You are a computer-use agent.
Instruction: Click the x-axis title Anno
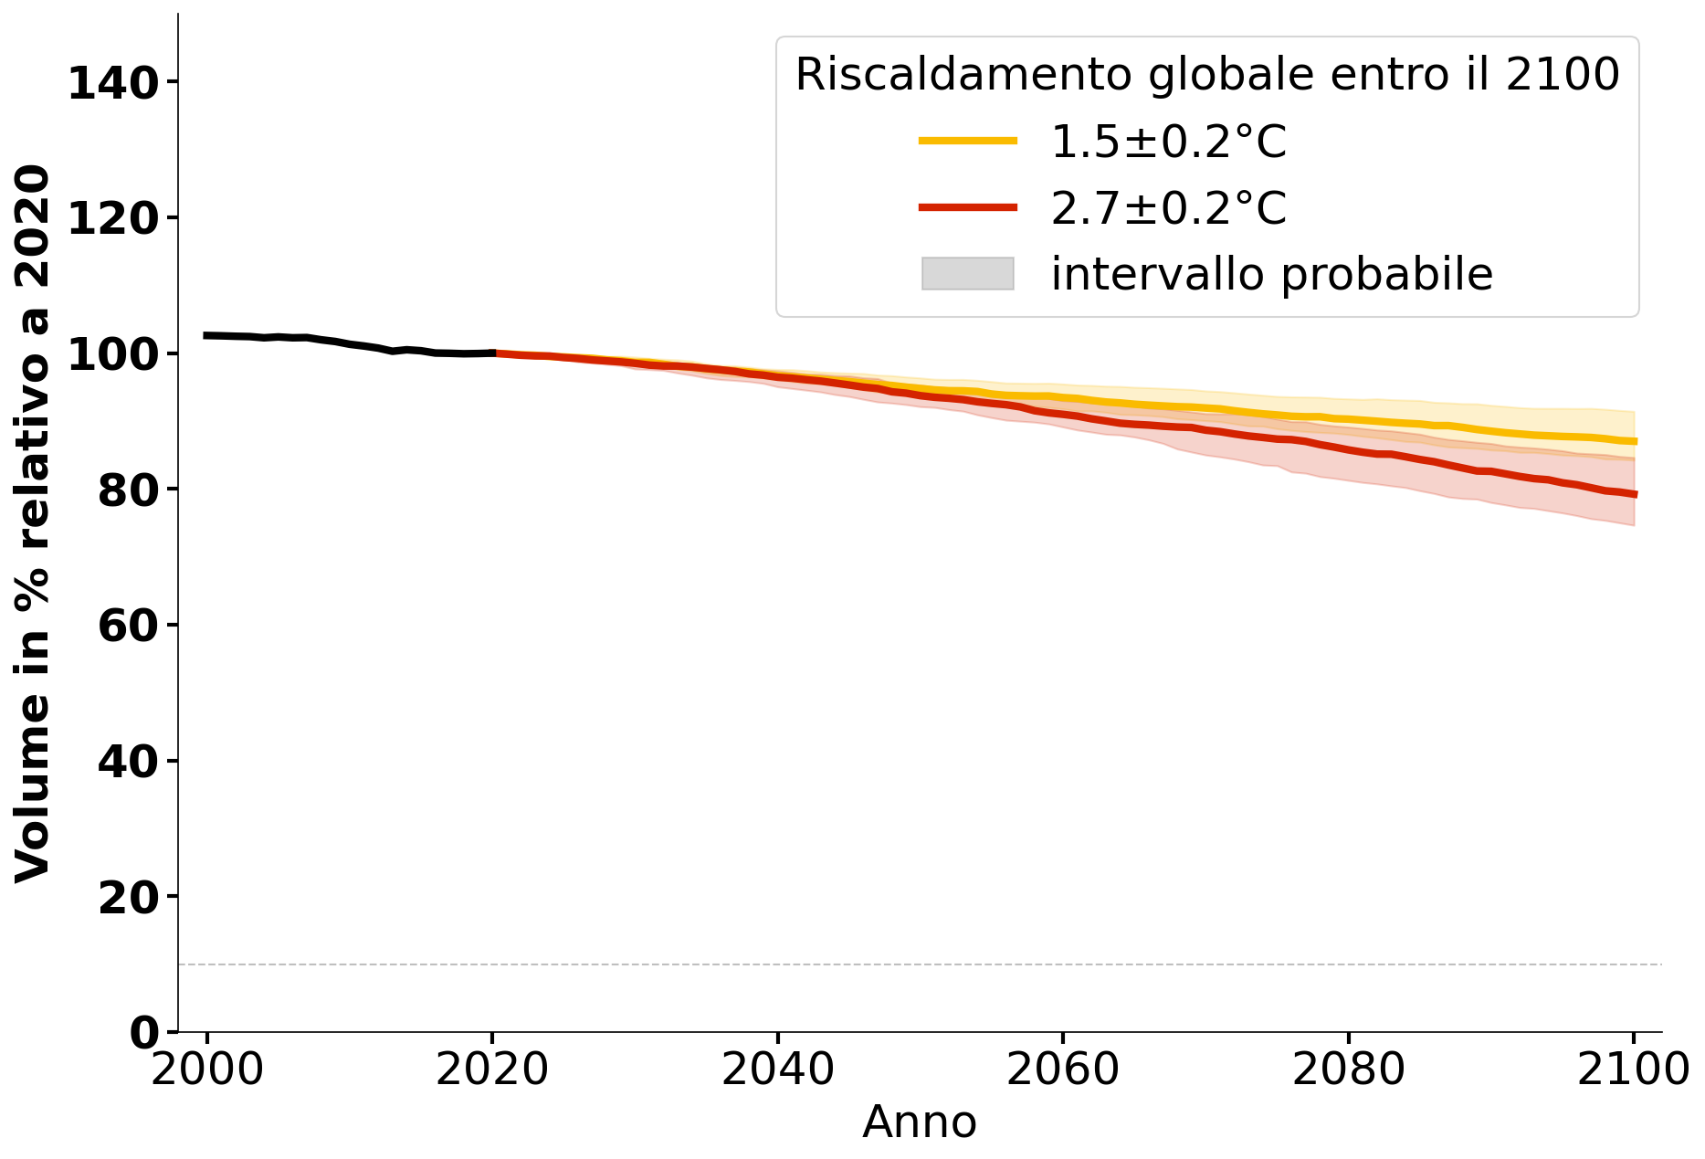[920, 1122]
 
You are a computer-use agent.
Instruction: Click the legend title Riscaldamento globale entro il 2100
[1207, 75]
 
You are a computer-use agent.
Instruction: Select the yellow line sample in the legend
[967, 141]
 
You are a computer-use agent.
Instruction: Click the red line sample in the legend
[967, 207]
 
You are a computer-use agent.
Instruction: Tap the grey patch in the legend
[967, 274]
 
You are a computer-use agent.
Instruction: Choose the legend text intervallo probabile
[1271, 274]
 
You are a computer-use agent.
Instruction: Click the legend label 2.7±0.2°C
[1168, 208]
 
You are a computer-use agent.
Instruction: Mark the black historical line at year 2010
[350, 344]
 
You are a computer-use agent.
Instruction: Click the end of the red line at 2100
[1633, 494]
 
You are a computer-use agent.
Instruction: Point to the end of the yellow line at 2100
[1633, 441]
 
